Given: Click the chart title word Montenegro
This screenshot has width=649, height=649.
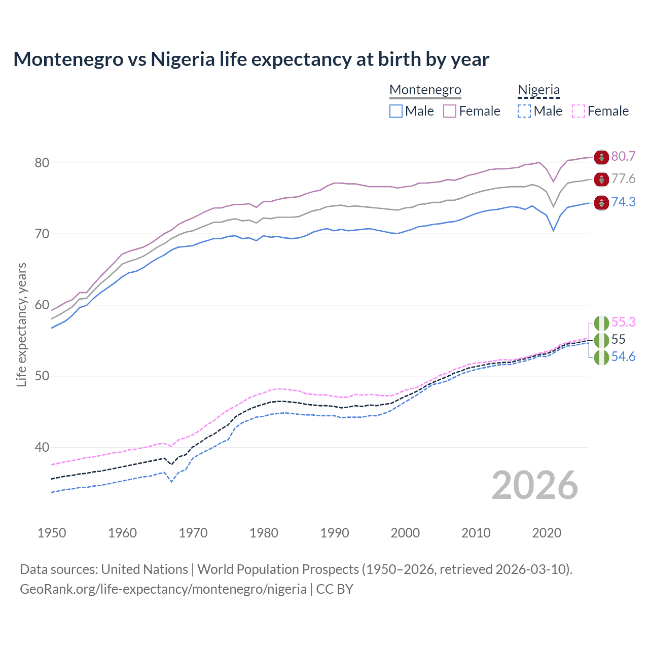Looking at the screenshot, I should click(68, 59).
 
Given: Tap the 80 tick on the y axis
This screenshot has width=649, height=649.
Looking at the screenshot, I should click(42, 163).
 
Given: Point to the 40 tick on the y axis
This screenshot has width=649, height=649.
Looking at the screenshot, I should click(42, 447).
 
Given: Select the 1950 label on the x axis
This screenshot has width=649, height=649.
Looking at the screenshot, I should click(52, 533).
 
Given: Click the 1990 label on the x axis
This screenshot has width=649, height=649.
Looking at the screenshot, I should click(335, 533).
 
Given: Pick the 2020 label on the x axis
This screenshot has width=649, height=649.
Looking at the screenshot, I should click(547, 533).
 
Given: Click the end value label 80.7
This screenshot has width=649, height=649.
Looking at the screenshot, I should click(623, 156).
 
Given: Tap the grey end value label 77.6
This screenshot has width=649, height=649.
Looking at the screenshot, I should click(623, 178).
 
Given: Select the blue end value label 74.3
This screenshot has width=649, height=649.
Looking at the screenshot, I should click(623, 202).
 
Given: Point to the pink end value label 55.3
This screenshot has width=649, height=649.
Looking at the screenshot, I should click(623, 322).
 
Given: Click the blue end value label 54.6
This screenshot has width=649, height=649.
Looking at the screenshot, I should click(623, 356).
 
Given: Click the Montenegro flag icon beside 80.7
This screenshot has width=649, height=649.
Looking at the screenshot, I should click(601, 157).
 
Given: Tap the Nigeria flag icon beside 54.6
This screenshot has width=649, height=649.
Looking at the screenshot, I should click(601, 357).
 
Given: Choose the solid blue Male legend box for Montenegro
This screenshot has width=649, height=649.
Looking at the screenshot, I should click(396, 111).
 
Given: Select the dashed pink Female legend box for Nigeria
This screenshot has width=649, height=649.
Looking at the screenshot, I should click(578, 111).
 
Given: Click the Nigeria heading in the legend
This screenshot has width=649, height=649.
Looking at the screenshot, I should click(538, 90).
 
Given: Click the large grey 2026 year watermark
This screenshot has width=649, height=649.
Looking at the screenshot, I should click(535, 485).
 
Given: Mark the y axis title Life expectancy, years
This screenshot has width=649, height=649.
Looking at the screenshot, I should click(21, 324).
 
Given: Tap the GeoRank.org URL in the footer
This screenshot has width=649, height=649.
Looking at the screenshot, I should click(163, 589).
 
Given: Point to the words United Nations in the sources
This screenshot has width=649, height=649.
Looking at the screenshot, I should click(145, 569).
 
